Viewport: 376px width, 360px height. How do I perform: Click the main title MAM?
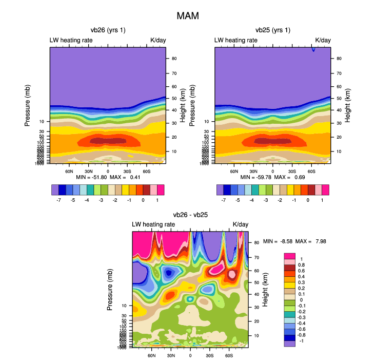pyautogui.click(x=187, y=16)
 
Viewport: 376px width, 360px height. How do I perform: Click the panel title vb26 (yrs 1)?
pyautogui.click(x=108, y=30)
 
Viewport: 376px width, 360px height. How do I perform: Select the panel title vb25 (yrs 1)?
pyautogui.click(x=272, y=30)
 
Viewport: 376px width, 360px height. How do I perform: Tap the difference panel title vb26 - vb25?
pyautogui.click(x=190, y=215)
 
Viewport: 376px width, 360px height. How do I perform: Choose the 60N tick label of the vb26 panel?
pyautogui.click(x=69, y=171)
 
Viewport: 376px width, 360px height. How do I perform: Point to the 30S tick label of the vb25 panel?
pyautogui.click(x=292, y=171)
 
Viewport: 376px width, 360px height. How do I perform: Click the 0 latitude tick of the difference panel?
pyautogui.click(x=190, y=355)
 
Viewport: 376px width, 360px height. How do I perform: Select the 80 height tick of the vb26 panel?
pyautogui.click(x=174, y=59)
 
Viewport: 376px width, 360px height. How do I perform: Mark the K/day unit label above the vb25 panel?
pyautogui.click(x=323, y=40)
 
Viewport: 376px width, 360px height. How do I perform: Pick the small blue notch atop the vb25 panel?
pyautogui.click(x=313, y=49)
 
